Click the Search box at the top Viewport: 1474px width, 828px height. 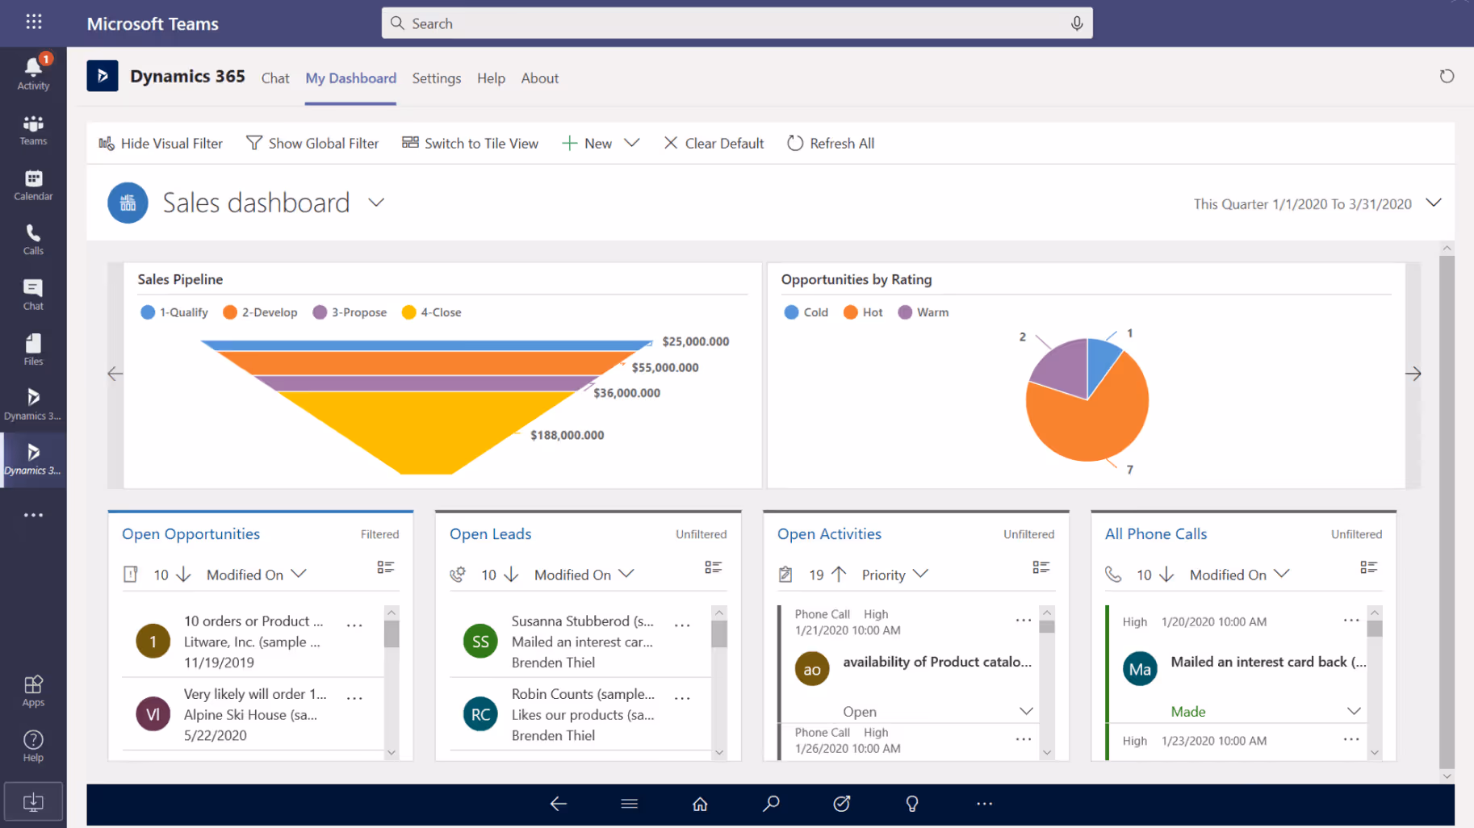[736, 23]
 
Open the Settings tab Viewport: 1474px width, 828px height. [436, 78]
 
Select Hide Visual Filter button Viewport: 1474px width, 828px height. [161, 144]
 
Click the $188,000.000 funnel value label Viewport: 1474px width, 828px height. [567, 435]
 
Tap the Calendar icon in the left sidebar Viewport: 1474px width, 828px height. [33, 184]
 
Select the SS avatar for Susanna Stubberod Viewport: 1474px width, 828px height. [480, 642]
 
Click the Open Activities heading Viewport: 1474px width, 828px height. [829, 534]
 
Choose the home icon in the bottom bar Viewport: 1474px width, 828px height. [700, 804]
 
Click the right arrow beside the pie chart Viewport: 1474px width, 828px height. [1413, 374]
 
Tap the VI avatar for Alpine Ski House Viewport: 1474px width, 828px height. [153, 714]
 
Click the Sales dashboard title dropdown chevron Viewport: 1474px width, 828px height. [376, 203]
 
